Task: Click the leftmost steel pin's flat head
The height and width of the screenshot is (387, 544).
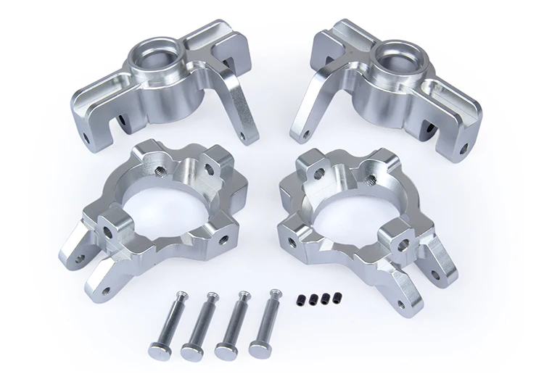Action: coord(159,348)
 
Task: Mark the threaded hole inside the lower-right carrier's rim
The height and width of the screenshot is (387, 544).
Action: coord(368,177)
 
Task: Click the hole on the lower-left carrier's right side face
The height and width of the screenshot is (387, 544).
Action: coord(226,236)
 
